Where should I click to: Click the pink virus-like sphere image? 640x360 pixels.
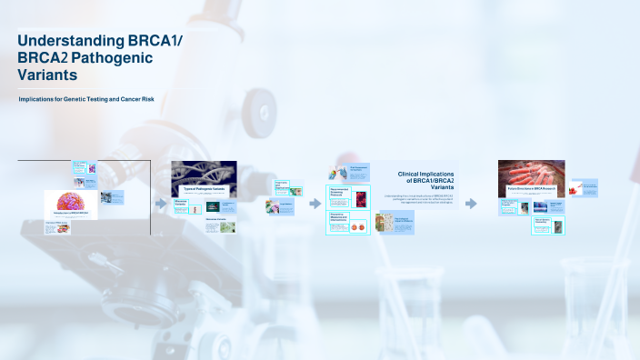point(71,202)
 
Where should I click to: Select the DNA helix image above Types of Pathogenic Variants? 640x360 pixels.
point(204,172)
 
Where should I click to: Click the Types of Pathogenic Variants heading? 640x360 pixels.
point(204,188)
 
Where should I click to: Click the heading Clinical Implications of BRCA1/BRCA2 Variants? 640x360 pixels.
point(427,178)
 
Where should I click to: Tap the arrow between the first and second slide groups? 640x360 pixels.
point(161,204)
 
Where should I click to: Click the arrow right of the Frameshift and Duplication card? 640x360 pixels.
point(315,204)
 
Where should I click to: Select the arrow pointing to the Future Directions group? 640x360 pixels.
point(471,204)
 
